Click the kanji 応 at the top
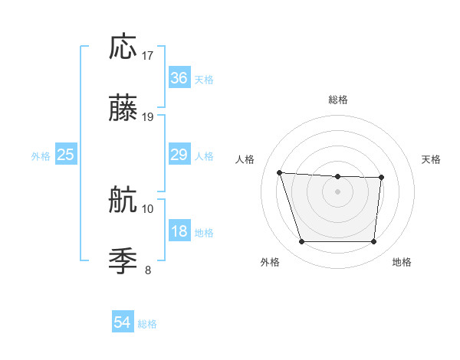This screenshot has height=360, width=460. pos(123,47)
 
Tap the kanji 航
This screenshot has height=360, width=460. pos(123,201)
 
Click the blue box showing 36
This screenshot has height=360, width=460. pos(179,78)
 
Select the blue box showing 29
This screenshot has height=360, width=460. pos(179,155)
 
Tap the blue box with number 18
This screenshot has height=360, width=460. pos(179,231)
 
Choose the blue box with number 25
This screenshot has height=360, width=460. pos(66,155)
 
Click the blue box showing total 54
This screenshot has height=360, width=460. pos(122,323)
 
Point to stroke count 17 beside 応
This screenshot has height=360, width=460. pos(148,55)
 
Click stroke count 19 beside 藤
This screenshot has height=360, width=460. pos(148,116)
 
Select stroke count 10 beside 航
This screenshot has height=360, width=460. pos(148,208)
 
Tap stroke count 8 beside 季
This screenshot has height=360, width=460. pos(148,270)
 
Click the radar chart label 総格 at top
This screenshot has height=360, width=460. pos(338,100)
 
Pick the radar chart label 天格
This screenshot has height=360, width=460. pos(432,159)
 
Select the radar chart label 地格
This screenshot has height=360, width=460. pos(402,262)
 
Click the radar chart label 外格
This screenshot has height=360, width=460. pos(270,262)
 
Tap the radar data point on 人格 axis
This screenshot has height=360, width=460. pos(280,172)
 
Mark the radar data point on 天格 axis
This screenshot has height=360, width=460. pos(381,178)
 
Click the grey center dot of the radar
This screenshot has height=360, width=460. pos(337,191)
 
